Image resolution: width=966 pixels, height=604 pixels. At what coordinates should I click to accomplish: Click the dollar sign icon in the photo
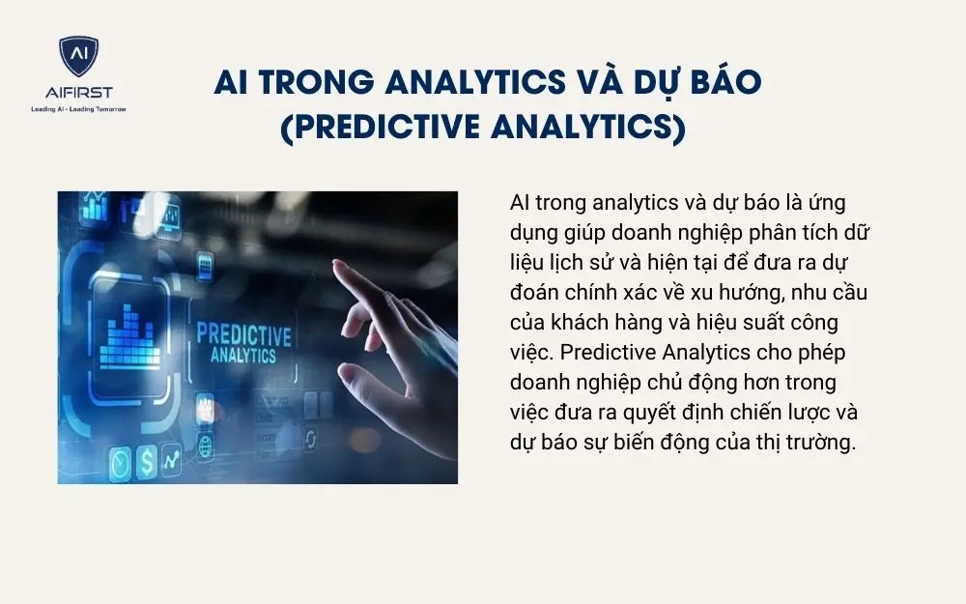coord(147,462)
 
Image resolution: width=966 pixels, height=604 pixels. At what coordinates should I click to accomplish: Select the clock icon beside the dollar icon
coord(121,462)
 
